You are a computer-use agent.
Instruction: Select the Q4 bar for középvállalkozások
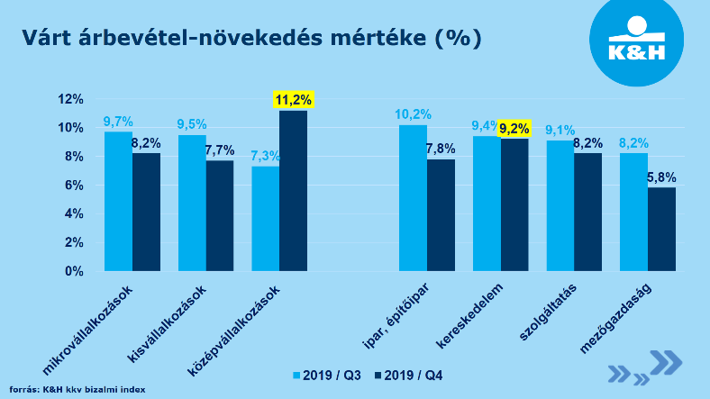pyautogui.click(x=293, y=190)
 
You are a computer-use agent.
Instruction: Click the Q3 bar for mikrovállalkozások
pyautogui.click(x=118, y=201)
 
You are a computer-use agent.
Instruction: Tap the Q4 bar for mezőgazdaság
pyautogui.click(x=661, y=229)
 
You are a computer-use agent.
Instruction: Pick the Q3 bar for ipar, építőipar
pyautogui.click(x=413, y=197)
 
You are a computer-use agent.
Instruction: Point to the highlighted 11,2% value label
pyautogui.click(x=293, y=100)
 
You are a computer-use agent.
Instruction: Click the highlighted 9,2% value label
pyautogui.click(x=514, y=128)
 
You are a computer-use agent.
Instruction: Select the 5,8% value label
pyautogui.click(x=660, y=177)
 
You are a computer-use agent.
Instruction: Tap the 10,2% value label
pyautogui.click(x=414, y=114)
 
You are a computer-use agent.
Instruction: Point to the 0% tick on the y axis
pyautogui.click(x=73, y=271)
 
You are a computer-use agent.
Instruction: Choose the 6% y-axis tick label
pyautogui.click(x=73, y=186)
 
